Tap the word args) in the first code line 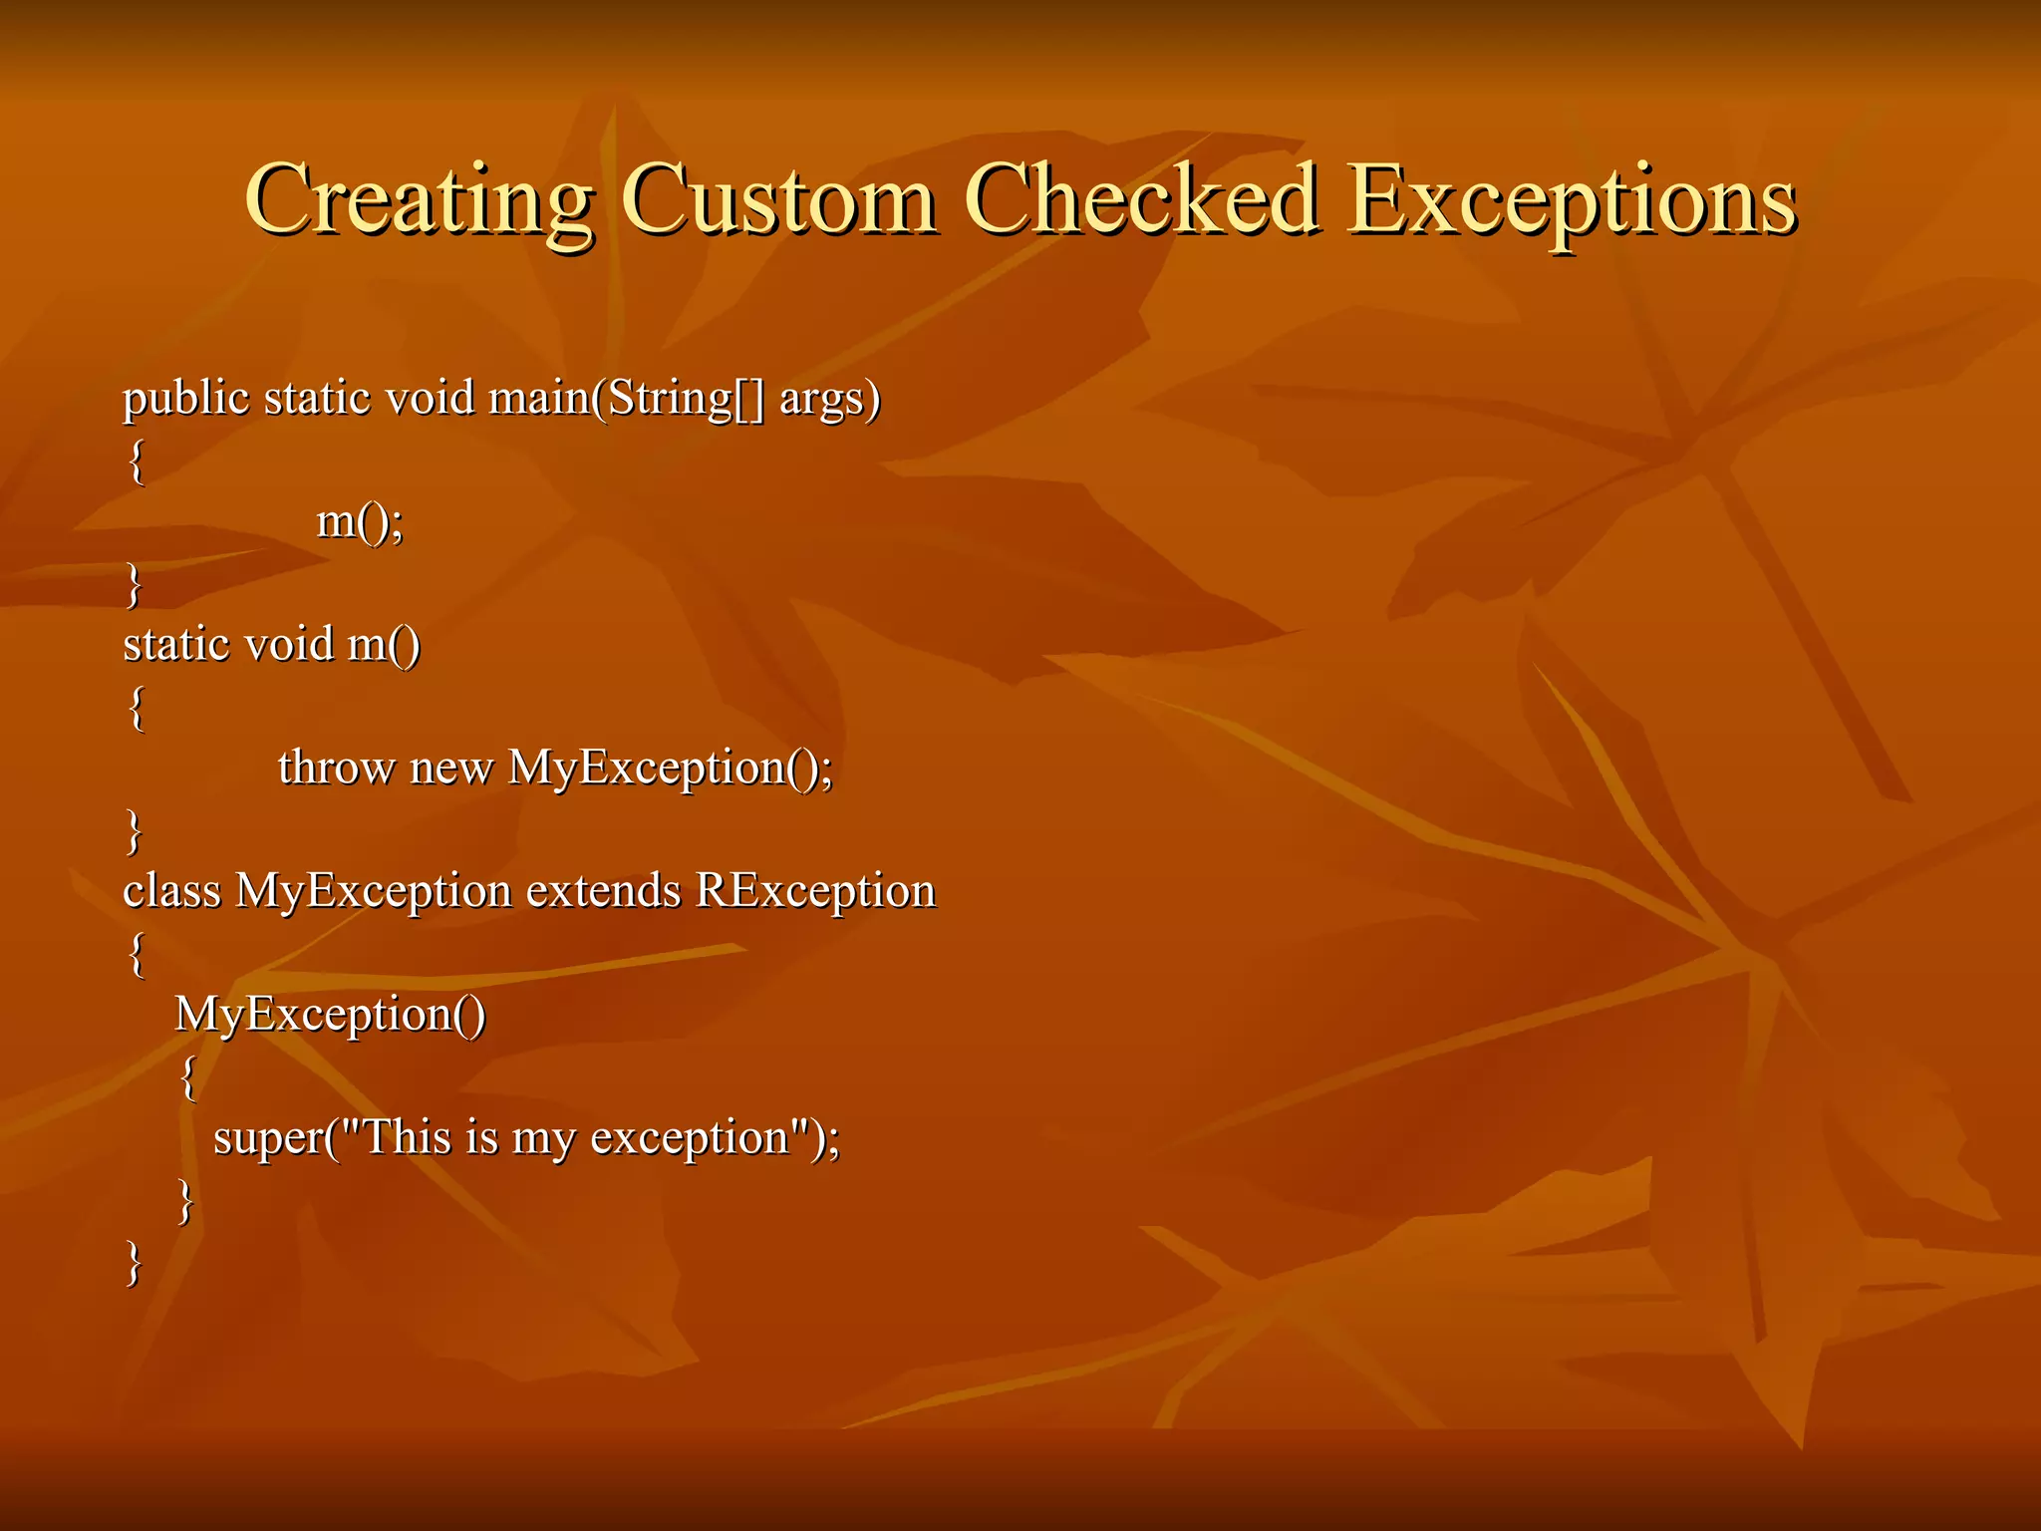(830, 400)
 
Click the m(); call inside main (360, 522)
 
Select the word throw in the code (336, 767)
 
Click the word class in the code (171, 890)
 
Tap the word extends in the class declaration (603, 890)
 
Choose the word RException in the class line (815, 892)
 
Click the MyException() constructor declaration (330, 1016)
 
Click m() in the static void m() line (384, 645)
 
